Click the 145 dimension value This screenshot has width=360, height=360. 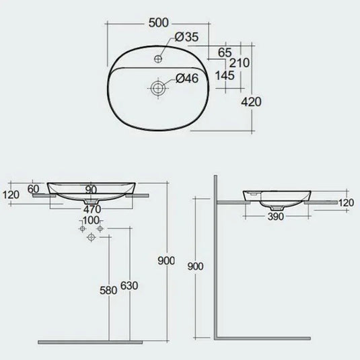click(225, 75)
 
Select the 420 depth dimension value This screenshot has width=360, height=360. click(251, 102)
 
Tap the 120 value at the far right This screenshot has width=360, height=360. click(345, 203)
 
